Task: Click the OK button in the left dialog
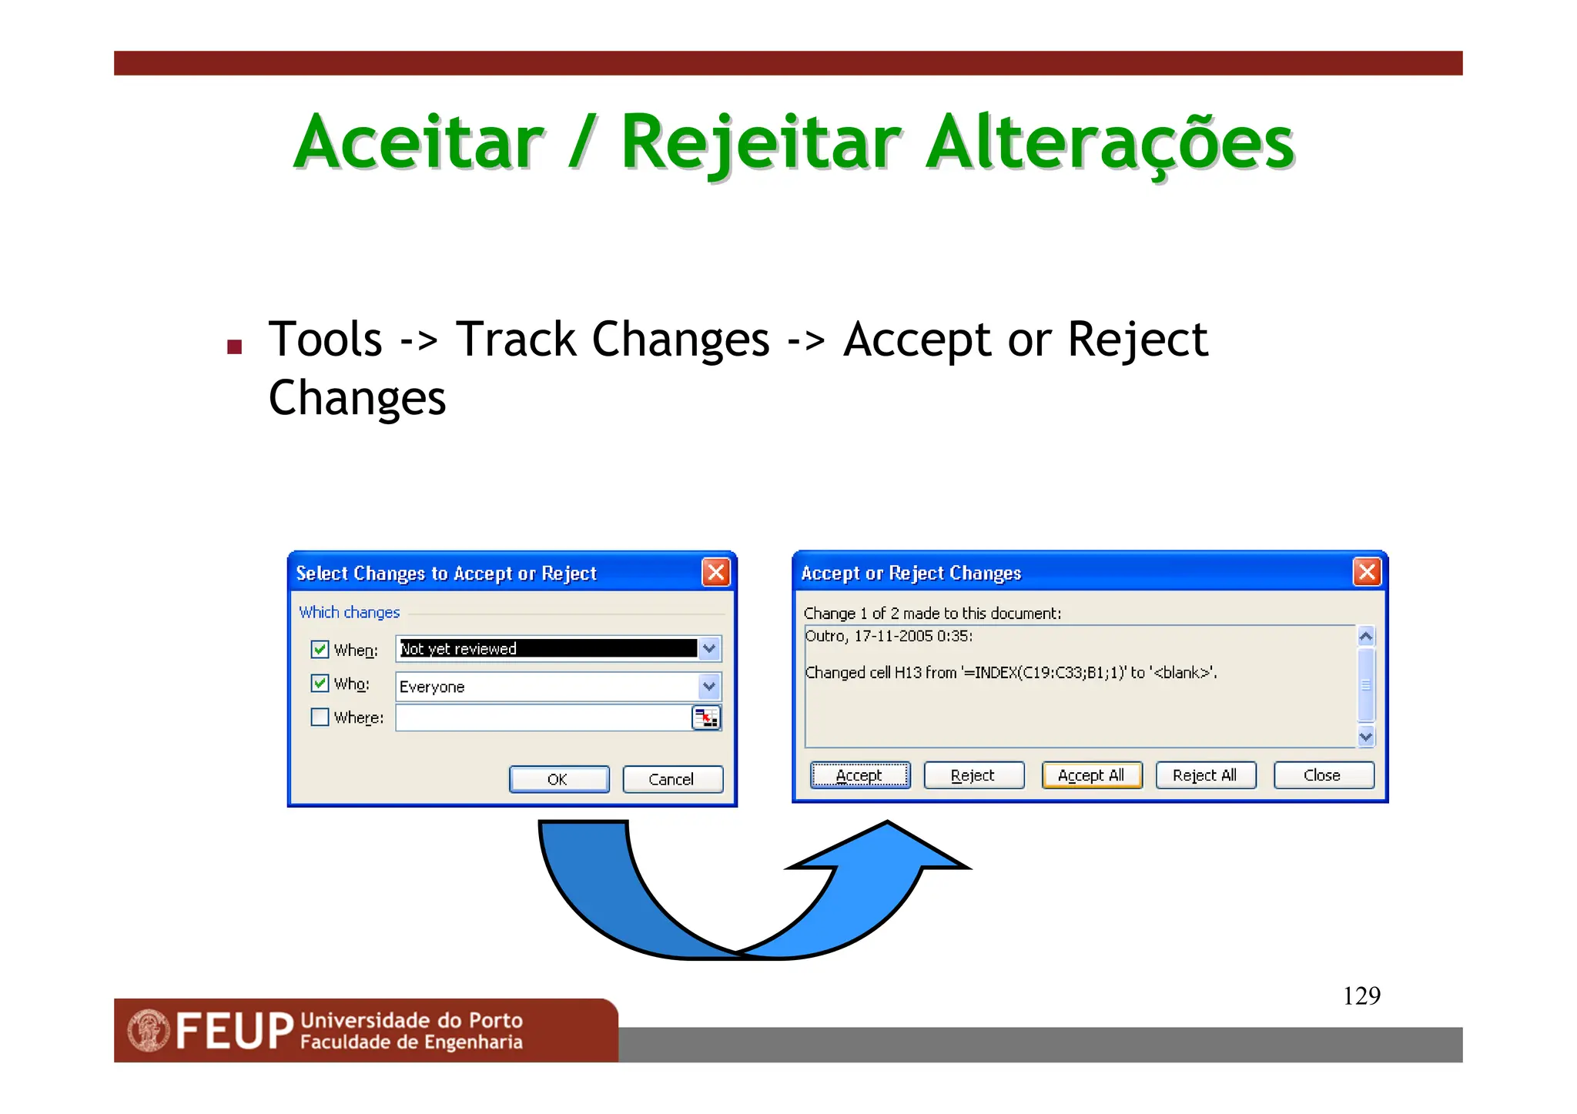[558, 779]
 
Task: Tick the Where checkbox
[320, 718]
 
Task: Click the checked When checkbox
[320, 650]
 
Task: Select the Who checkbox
[320, 684]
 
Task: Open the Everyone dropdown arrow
[709, 686]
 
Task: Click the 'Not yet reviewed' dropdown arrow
[709, 649]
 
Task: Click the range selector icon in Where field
[706, 718]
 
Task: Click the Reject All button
[1205, 775]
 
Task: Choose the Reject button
[973, 775]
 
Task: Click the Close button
[1323, 775]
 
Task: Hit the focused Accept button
[859, 775]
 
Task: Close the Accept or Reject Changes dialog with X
[1367, 572]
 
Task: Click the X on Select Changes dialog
[715, 572]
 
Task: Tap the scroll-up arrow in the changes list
[1366, 637]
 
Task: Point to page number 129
[1361, 996]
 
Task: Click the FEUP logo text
[234, 1032]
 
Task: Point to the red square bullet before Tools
[235, 347]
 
